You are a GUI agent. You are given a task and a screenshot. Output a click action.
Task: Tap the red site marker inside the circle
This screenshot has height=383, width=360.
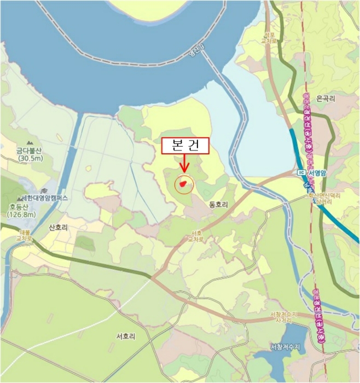click(184, 183)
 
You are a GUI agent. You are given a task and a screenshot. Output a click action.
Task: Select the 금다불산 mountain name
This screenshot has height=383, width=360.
click(29, 150)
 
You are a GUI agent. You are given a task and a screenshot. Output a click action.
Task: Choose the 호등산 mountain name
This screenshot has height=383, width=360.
click(19, 207)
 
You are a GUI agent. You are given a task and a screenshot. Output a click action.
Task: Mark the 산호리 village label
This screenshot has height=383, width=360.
click(58, 227)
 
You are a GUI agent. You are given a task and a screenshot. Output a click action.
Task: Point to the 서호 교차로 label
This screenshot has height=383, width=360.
click(195, 236)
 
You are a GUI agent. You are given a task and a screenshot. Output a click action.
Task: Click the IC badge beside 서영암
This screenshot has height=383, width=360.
click(301, 173)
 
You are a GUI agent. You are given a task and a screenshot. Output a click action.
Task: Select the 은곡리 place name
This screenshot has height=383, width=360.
click(325, 98)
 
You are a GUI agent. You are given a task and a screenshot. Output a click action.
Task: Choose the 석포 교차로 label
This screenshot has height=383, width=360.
click(256, 37)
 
